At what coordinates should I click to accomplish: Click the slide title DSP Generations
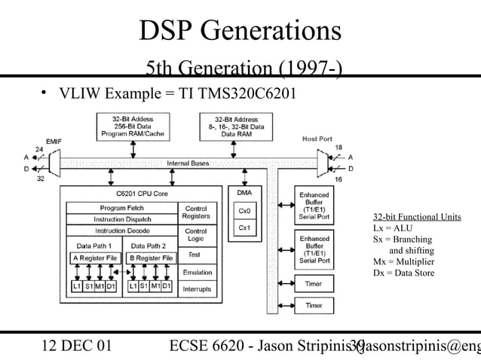coord(240,31)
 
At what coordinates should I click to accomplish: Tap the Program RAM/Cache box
coord(130,127)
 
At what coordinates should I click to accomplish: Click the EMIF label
coord(54,141)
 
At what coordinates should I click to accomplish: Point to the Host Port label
coord(317,139)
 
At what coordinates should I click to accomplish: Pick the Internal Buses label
coord(188,163)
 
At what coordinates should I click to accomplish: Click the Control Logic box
coord(196,235)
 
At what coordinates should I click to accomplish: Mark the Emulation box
coord(197,272)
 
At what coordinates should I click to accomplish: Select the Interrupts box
coord(197,288)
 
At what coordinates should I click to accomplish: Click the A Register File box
coord(95,258)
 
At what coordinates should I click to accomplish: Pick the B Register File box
coord(152,258)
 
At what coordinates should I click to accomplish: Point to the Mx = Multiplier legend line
coord(403,261)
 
